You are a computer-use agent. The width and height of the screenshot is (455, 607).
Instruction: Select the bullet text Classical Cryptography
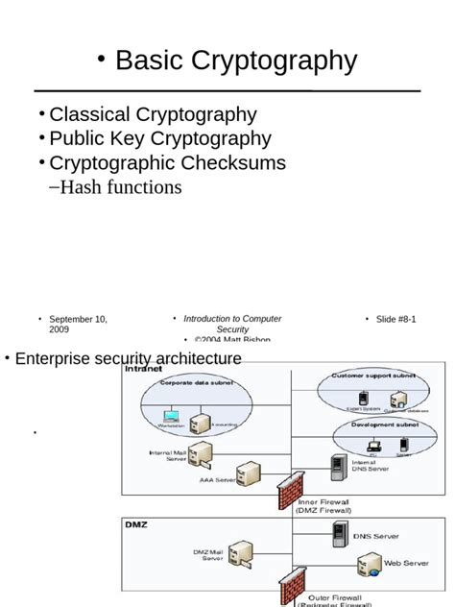click(153, 114)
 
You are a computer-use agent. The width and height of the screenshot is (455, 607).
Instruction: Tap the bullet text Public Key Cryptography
click(160, 138)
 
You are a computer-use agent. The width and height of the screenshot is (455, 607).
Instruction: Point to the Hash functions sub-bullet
click(120, 186)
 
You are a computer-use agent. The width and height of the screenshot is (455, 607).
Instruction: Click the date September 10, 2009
click(78, 324)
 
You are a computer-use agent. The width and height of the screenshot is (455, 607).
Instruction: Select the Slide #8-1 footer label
click(395, 319)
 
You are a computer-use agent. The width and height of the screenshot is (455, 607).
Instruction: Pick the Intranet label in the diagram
click(144, 368)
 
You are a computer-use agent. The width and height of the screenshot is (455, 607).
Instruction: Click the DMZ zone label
click(135, 524)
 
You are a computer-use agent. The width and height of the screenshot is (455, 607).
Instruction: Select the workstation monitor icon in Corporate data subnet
click(171, 417)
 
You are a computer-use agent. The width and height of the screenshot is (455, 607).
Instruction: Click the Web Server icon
click(369, 565)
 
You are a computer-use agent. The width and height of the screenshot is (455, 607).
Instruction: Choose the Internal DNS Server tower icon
click(338, 467)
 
